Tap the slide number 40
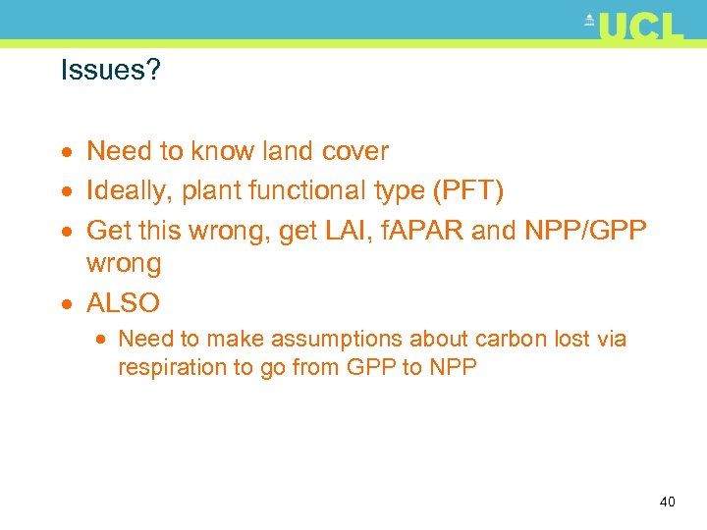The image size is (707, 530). (667, 502)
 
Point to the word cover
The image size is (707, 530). (355, 151)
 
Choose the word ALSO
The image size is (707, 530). (123, 301)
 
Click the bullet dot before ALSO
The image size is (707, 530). (66, 302)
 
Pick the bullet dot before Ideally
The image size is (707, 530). (66, 189)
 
